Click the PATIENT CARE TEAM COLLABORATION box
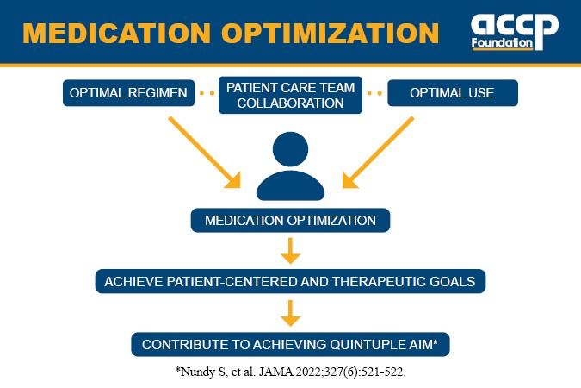(291, 94)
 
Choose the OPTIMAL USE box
(452, 93)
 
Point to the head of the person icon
(291, 148)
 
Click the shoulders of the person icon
(291, 185)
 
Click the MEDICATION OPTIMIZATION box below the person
(291, 221)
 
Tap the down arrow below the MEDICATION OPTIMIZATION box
(291, 251)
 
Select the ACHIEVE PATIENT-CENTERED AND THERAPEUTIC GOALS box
(291, 281)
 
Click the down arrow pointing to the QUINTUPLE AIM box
(291, 312)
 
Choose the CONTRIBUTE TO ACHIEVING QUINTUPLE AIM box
(291, 344)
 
